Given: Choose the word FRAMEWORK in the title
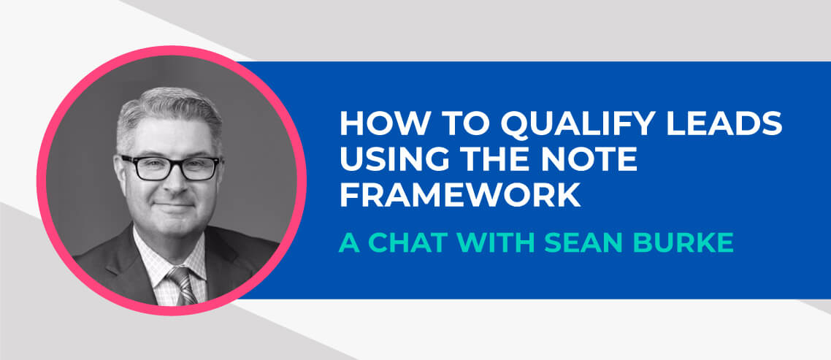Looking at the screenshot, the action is pyautogui.click(x=460, y=194).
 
